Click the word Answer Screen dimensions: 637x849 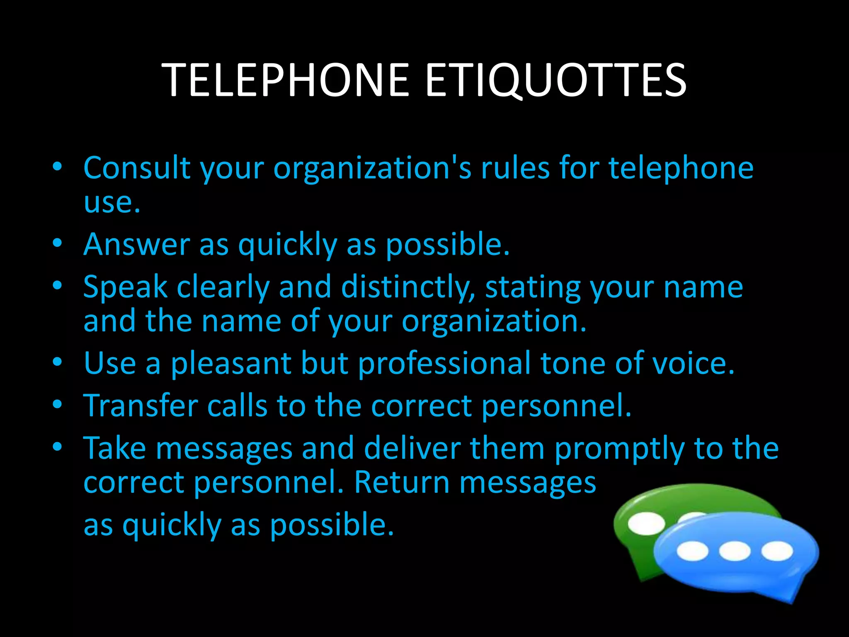pyautogui.click(x=136, y=244)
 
